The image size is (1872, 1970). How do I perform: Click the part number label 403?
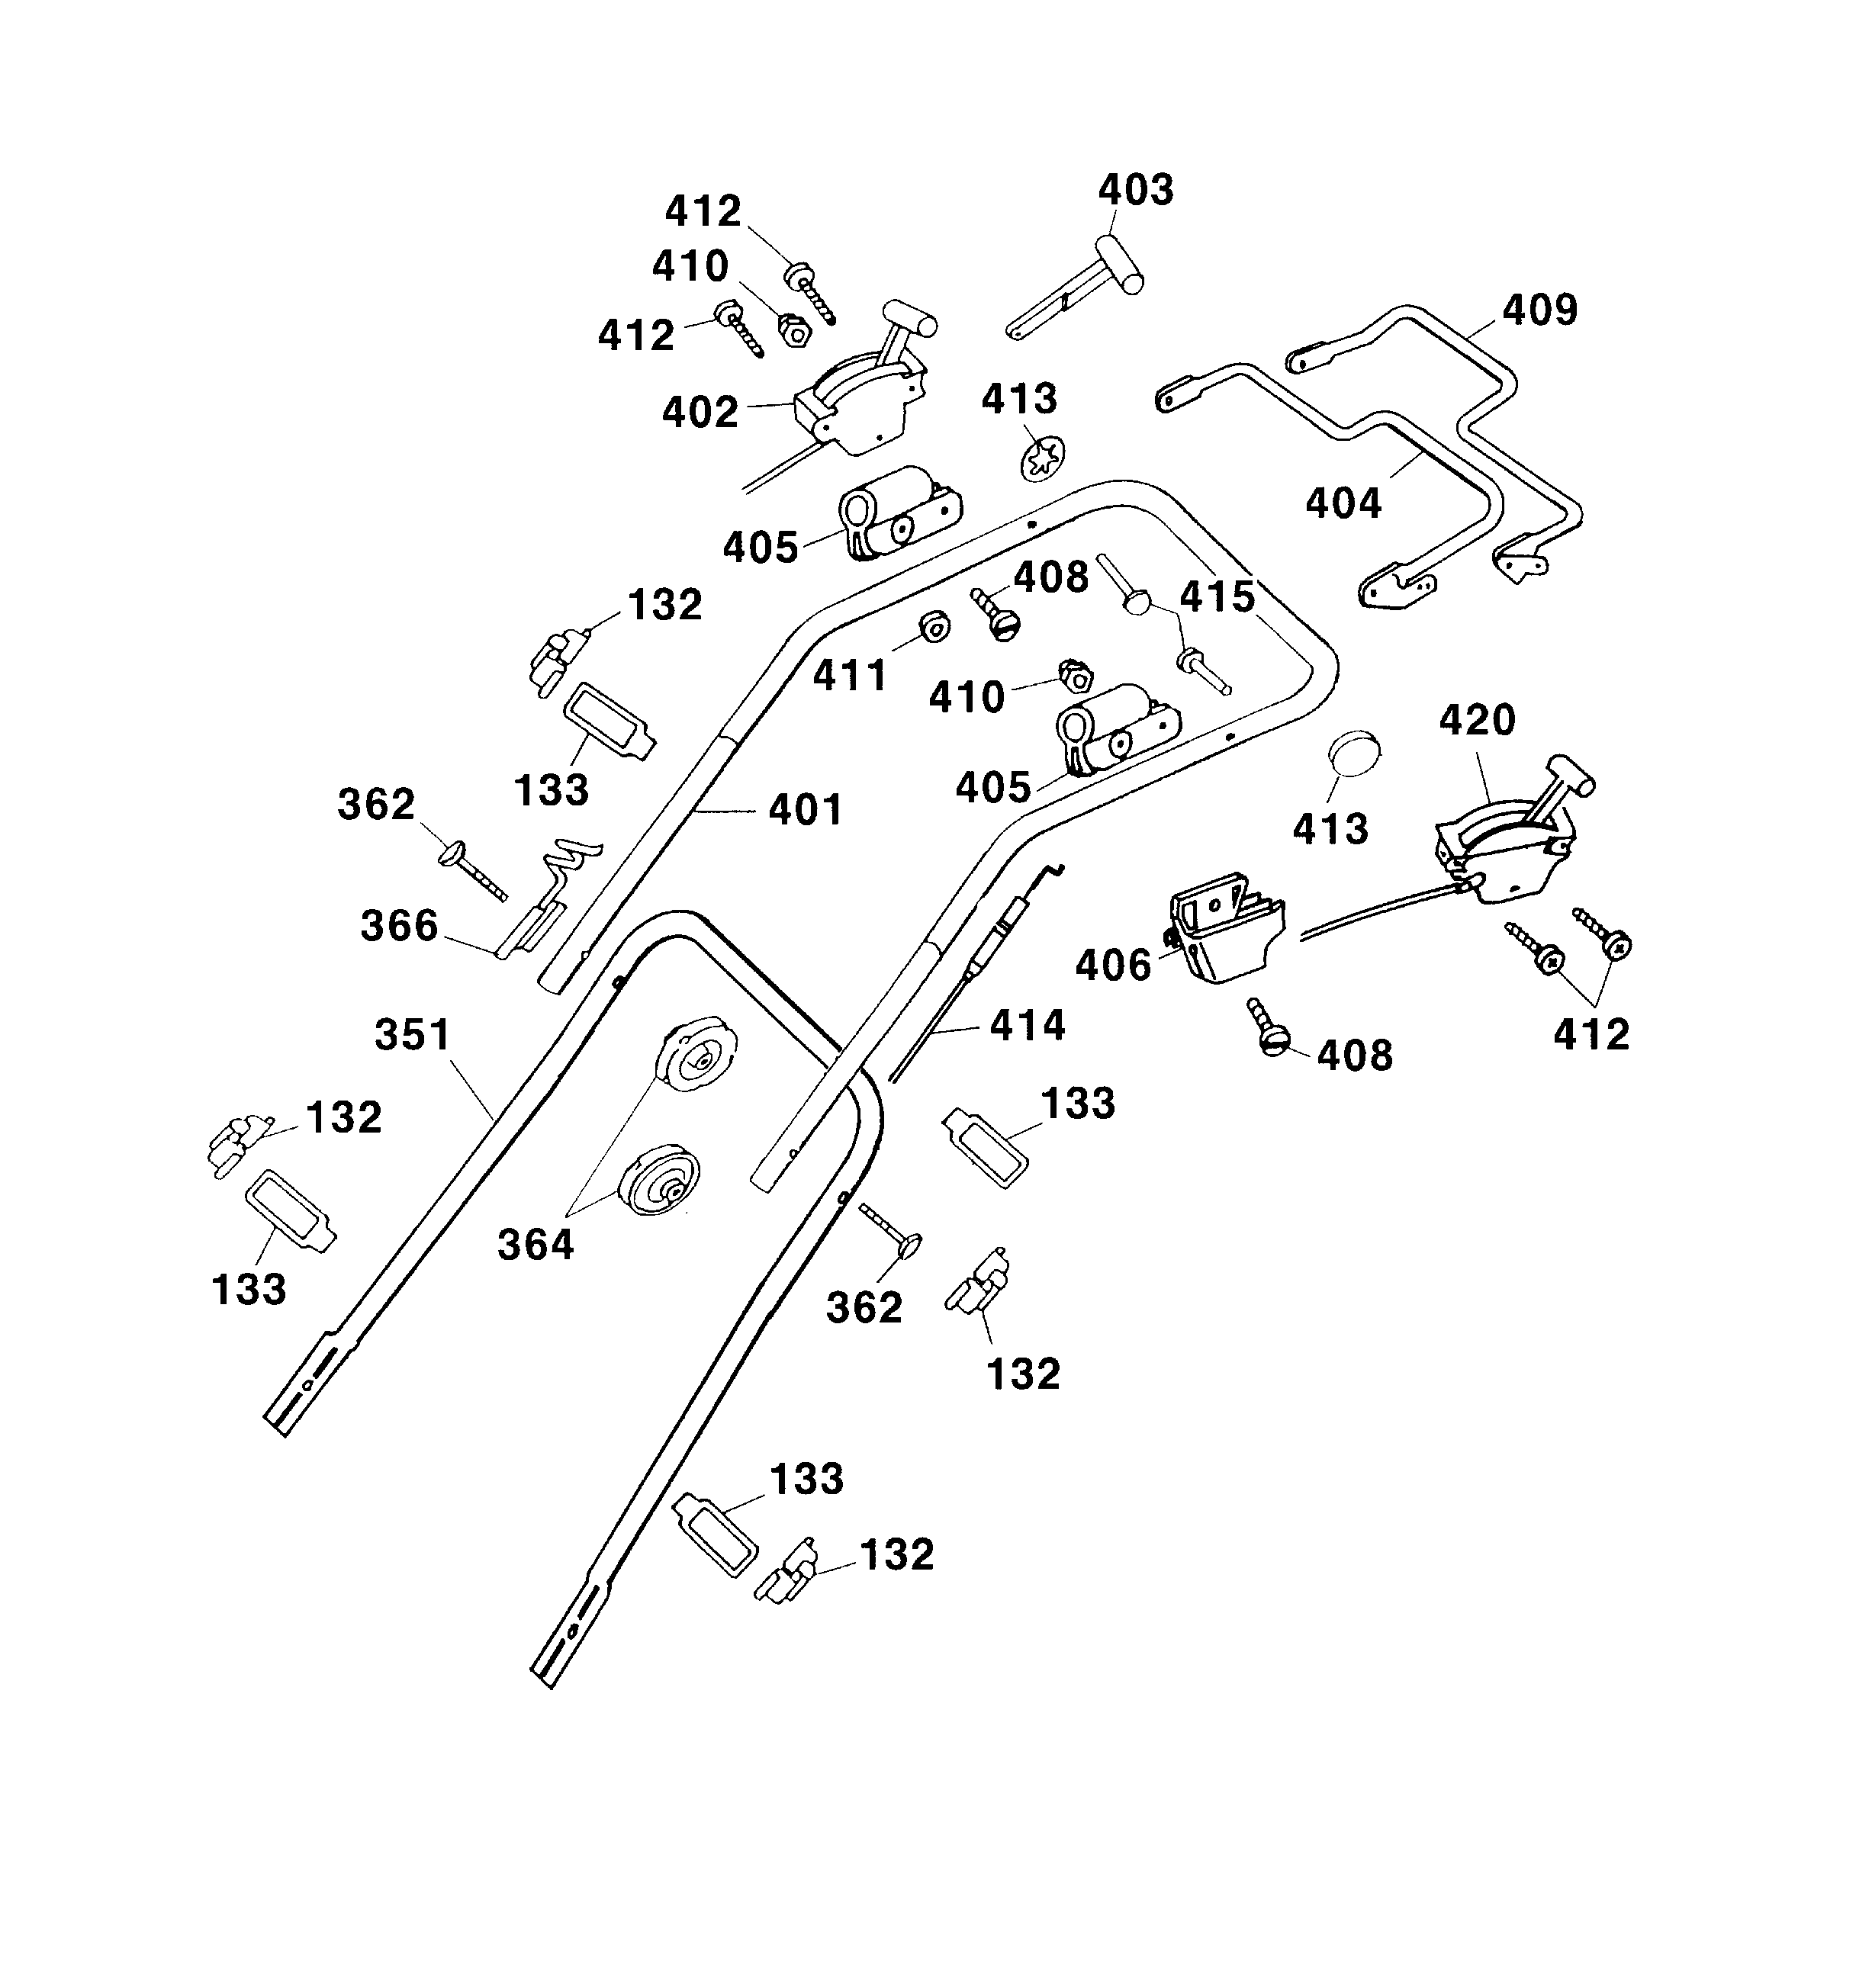1136,189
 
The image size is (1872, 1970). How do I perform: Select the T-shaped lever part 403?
1078,288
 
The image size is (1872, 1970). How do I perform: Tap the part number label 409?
1539,310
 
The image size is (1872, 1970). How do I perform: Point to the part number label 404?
1343,503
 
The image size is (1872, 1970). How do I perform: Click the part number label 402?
700,412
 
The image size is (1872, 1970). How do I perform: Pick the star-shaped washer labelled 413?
1044,460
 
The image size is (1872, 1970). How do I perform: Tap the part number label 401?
806,809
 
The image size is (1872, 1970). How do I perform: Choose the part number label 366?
399,926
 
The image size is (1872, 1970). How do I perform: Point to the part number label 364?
536,1245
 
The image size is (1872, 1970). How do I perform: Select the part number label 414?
1028,1024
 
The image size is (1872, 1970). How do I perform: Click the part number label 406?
1114,965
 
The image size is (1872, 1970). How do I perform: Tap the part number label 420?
1477,719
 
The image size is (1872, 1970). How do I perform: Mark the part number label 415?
1217,596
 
